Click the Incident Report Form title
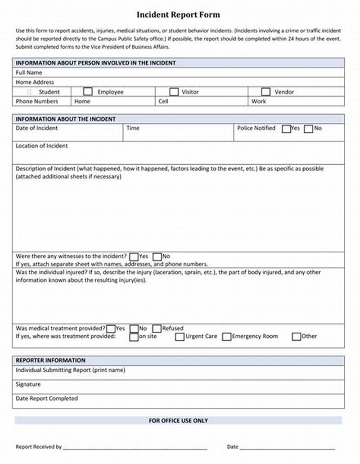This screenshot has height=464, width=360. pos(178,15)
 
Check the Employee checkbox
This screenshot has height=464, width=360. pos(88,92)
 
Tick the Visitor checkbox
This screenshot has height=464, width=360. pos(174,92)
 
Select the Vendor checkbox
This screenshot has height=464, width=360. pos(266,92)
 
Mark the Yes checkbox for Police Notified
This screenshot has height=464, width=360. pos(286,129)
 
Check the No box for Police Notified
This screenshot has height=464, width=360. pos(308,129)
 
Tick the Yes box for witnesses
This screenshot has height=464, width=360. pos(134,257)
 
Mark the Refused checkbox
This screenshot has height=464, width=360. pos(157,329)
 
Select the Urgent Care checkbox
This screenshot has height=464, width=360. pos(180,337)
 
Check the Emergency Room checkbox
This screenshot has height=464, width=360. pos(226,337)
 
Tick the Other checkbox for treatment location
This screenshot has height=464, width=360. pos(296,337)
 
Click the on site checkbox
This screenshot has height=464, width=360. pos(134,337)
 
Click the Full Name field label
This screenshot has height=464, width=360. pos(29,72)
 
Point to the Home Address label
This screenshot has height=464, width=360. pos(35,82)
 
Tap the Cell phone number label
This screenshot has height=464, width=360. pos(163,102)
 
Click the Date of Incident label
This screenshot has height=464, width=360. pos(37,128)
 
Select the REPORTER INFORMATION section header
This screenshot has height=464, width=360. pos(50,360)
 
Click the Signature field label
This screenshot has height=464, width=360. pos(28,385)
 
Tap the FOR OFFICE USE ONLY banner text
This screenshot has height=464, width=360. pos(178,421)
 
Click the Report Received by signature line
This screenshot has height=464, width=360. pos(135,448)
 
